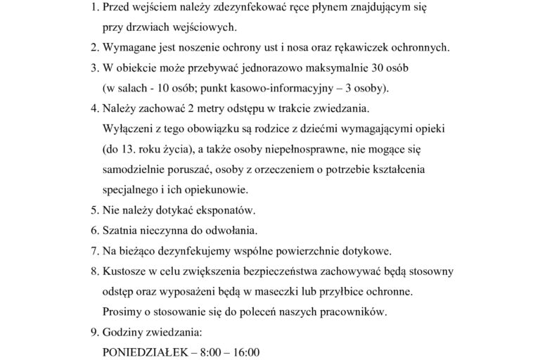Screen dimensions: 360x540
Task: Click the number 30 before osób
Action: pos(380,69)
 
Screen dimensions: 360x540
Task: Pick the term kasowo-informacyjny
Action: pos(282,89)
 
